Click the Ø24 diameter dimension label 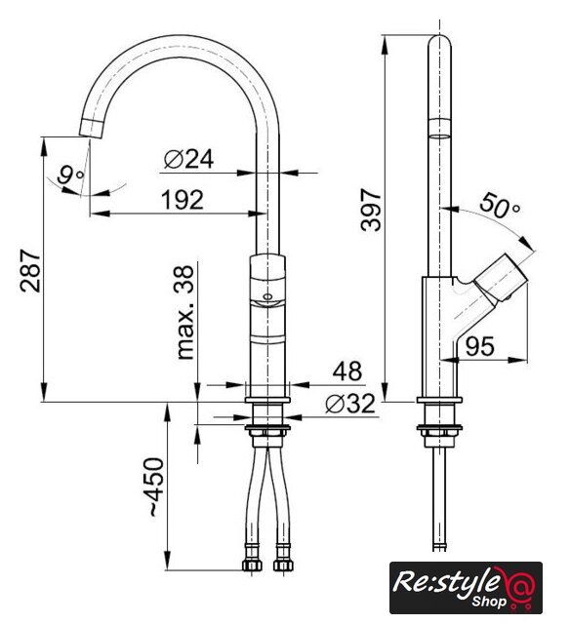[188, 159]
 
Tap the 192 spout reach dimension [183, 200]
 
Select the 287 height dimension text [31, 271]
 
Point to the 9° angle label [70, 175]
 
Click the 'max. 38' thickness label [184, 313]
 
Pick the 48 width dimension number [347, 371]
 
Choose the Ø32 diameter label [350, 404]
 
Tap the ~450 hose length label [156, 487]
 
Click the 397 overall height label [371, 210]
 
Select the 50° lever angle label [500, 205]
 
